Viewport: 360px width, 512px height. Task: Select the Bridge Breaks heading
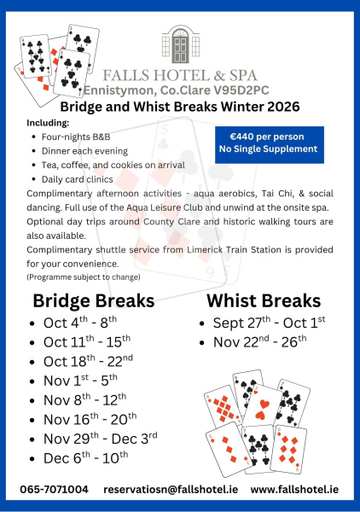93,301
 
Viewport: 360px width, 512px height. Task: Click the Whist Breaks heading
264,301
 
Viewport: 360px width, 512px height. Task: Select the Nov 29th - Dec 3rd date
100,438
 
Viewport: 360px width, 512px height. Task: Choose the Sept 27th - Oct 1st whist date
264,323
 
